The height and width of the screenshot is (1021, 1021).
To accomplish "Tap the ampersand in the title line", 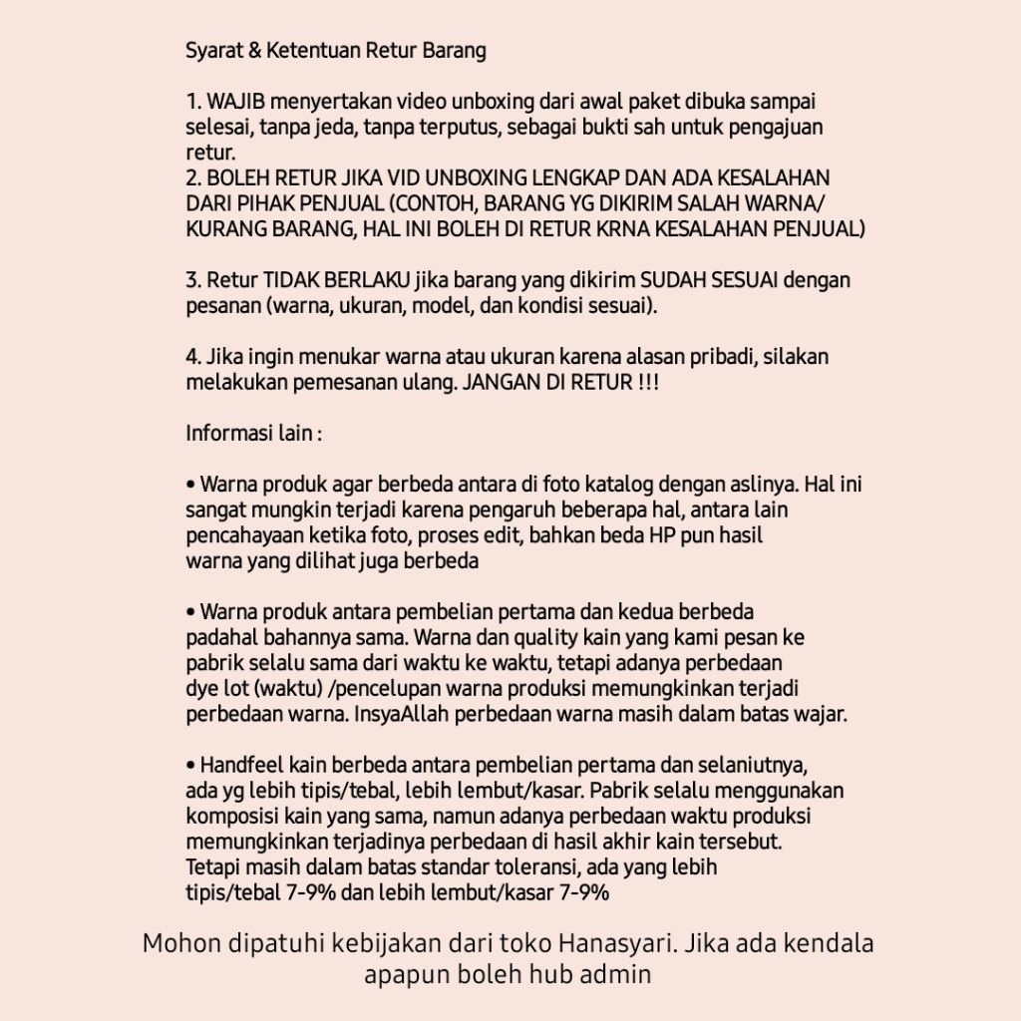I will point(253,50).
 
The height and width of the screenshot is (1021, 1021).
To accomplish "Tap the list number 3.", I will point(192,280).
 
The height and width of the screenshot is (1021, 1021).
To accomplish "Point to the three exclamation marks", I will point(647,382).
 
